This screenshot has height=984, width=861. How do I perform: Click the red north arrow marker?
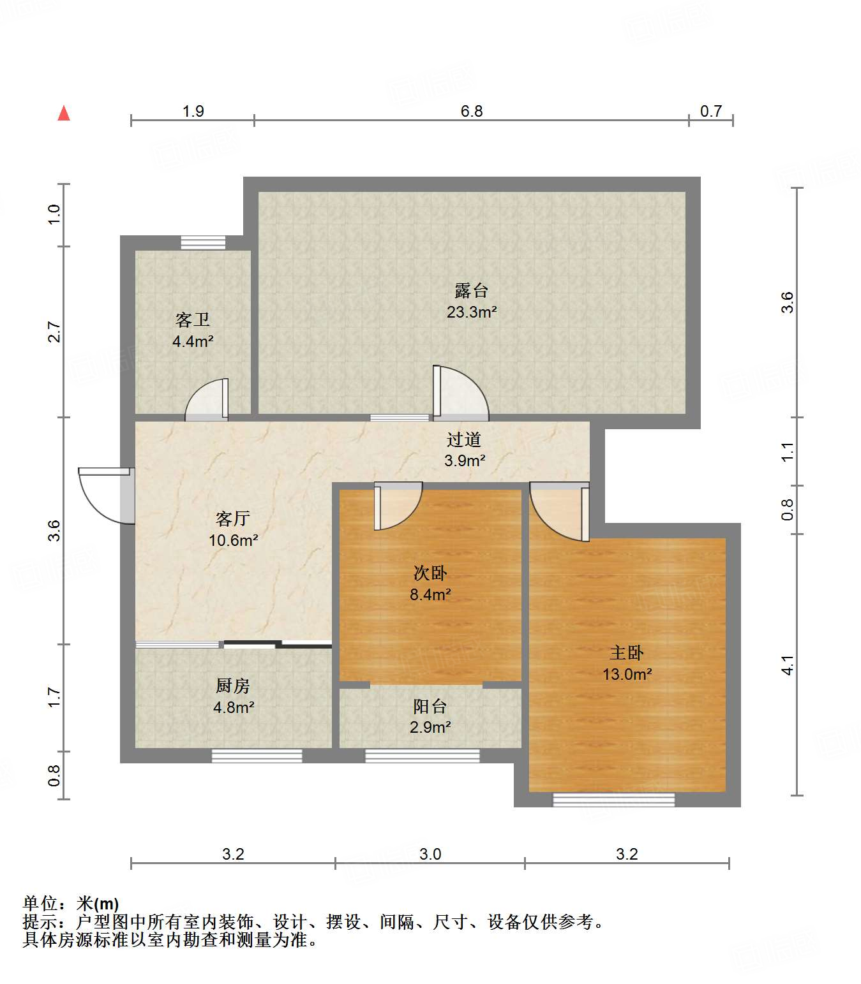[64, 114]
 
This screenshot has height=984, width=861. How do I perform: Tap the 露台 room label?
[471, 291]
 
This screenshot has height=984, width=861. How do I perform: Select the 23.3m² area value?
[471, 312]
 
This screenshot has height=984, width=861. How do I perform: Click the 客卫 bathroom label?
[192, 319]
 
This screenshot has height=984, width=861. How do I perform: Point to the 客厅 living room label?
[232, 518]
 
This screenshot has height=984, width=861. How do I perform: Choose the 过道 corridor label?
[463, 439]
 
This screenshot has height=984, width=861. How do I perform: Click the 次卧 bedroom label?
[430, 573]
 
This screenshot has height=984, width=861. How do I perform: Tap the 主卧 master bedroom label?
[626, 652]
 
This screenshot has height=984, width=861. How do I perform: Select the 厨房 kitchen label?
[232, 686]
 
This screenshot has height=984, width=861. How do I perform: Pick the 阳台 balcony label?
[430, 706]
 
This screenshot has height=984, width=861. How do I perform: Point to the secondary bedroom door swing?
[398, 505]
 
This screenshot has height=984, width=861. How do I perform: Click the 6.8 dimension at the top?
[471, 111]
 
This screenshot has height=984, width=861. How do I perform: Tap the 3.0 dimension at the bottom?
[430, 854]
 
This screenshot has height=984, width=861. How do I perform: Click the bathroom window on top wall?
[203, 242]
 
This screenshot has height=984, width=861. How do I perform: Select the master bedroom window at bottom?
[613, 800]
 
